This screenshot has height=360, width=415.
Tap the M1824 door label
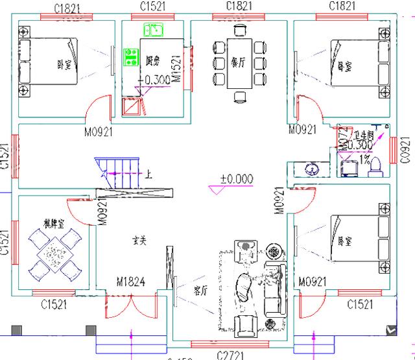(130, 281)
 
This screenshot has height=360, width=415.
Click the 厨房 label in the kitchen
(152, 60)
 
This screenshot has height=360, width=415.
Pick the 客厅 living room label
(201, 289)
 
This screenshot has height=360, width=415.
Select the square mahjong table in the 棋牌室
(52, 255)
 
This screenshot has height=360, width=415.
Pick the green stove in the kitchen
(132, 56)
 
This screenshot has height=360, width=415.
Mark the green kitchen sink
(154, 29)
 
